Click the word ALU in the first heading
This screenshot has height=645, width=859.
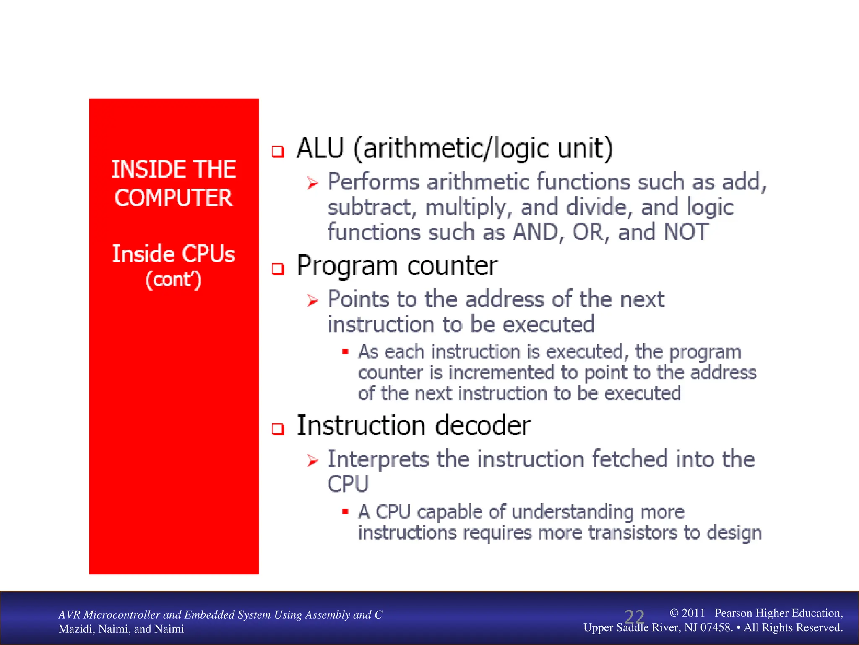tap(320, 148)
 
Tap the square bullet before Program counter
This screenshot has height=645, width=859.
tap(278, 268)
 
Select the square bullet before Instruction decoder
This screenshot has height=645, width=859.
tap(278, 429)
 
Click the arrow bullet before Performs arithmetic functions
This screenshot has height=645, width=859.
tap(312, 183)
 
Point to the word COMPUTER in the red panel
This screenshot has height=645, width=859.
tap(173, 198)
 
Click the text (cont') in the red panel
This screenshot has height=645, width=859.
tap(173, 280)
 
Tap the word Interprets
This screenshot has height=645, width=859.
tap(378, 459)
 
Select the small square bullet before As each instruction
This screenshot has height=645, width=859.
tap(345, 351)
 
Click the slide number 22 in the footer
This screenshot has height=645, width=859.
tap(634, 617)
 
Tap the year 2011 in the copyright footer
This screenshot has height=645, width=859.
tap(693, 613)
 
